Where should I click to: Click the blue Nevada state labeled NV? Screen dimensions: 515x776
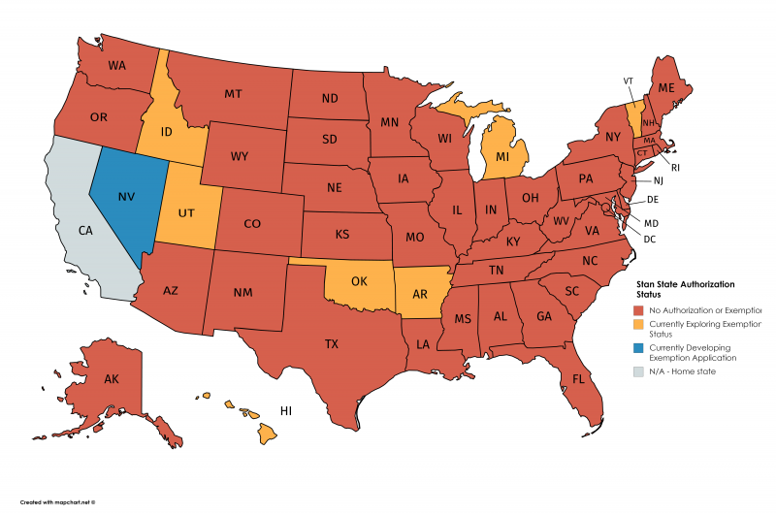click(x=126, y=197)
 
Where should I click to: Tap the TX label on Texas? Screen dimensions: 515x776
click(x=331, y=343)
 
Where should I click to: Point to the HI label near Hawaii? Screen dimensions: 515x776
click(x=286, y=411)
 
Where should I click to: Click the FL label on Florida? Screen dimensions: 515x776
click(x=578, y=378)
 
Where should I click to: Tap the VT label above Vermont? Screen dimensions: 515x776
click(x=630, y=80)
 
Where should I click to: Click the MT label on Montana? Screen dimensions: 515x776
click(x=232, y=94)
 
